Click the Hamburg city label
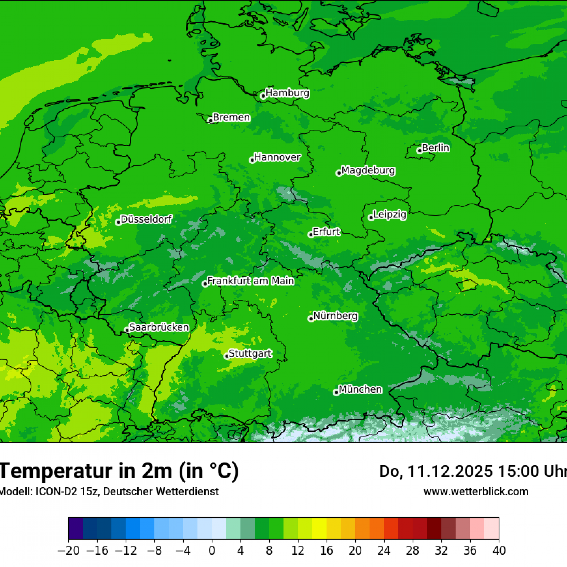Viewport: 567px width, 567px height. click(287, 93)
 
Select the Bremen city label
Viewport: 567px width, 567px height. click(231, 117)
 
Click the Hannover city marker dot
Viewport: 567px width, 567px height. click(252, 160)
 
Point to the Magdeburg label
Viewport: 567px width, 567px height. click(368, 171)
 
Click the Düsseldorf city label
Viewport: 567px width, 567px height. click(146, 219)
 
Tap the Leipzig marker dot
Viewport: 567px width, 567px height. click(371, 217)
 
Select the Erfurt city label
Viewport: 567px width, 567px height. click(326, 232)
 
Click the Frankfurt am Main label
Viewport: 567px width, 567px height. click(251, 281)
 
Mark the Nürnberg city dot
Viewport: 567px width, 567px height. click(311, 319)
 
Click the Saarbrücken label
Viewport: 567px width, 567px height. click(159, 327)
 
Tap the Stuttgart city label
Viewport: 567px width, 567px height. click(250, 353)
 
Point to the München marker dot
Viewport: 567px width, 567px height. click(336, 393)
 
